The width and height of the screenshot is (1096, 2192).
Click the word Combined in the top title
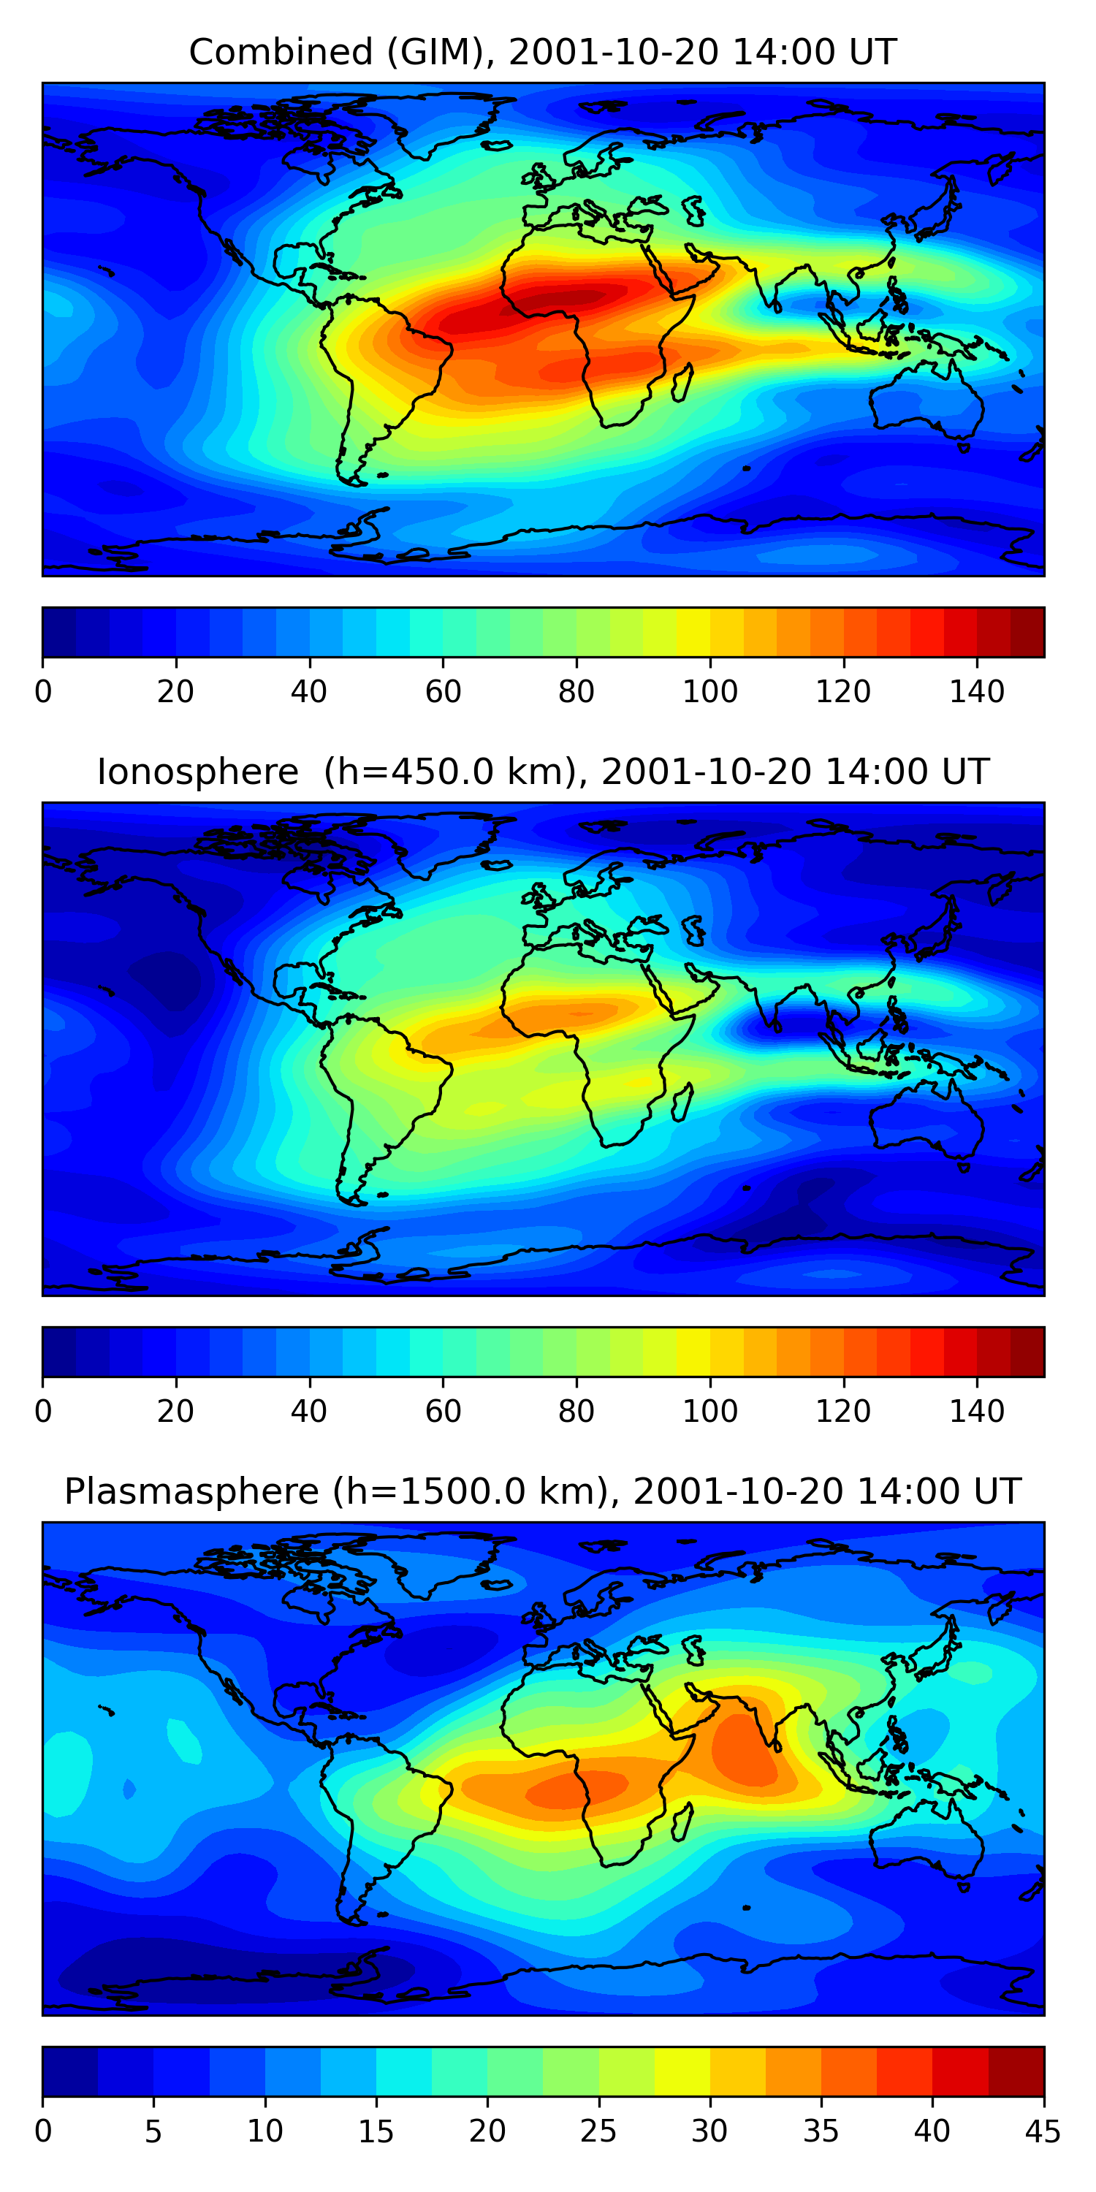pyautogui.click(x=281, y=53)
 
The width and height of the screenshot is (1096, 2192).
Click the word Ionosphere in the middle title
pyautogui.click(x=197, y=772)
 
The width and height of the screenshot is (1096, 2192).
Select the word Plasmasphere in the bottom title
pyautogui.click(x=191, y=1492)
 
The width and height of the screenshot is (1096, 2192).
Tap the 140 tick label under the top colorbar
pyautogui.click(x=977, y=692)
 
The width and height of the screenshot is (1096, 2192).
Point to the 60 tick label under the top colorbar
pyautogui.click(x=443, y=692)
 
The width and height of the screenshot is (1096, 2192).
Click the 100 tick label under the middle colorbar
pyautogui.click(x=709, y=1412)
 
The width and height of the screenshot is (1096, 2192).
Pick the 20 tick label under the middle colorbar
pyautogui.click(x=175, y=1412)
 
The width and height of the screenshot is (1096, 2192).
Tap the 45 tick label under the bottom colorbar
pyautogui.click(x=1043, y=2131)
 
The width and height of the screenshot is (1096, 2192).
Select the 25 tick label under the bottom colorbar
pyautogui.click(x=598, y=2131)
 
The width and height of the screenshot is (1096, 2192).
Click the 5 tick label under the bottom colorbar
pyautogui.click(x=153, y=2131)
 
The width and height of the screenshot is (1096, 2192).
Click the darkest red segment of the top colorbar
pyautogui.click(x=1027, y=632)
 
